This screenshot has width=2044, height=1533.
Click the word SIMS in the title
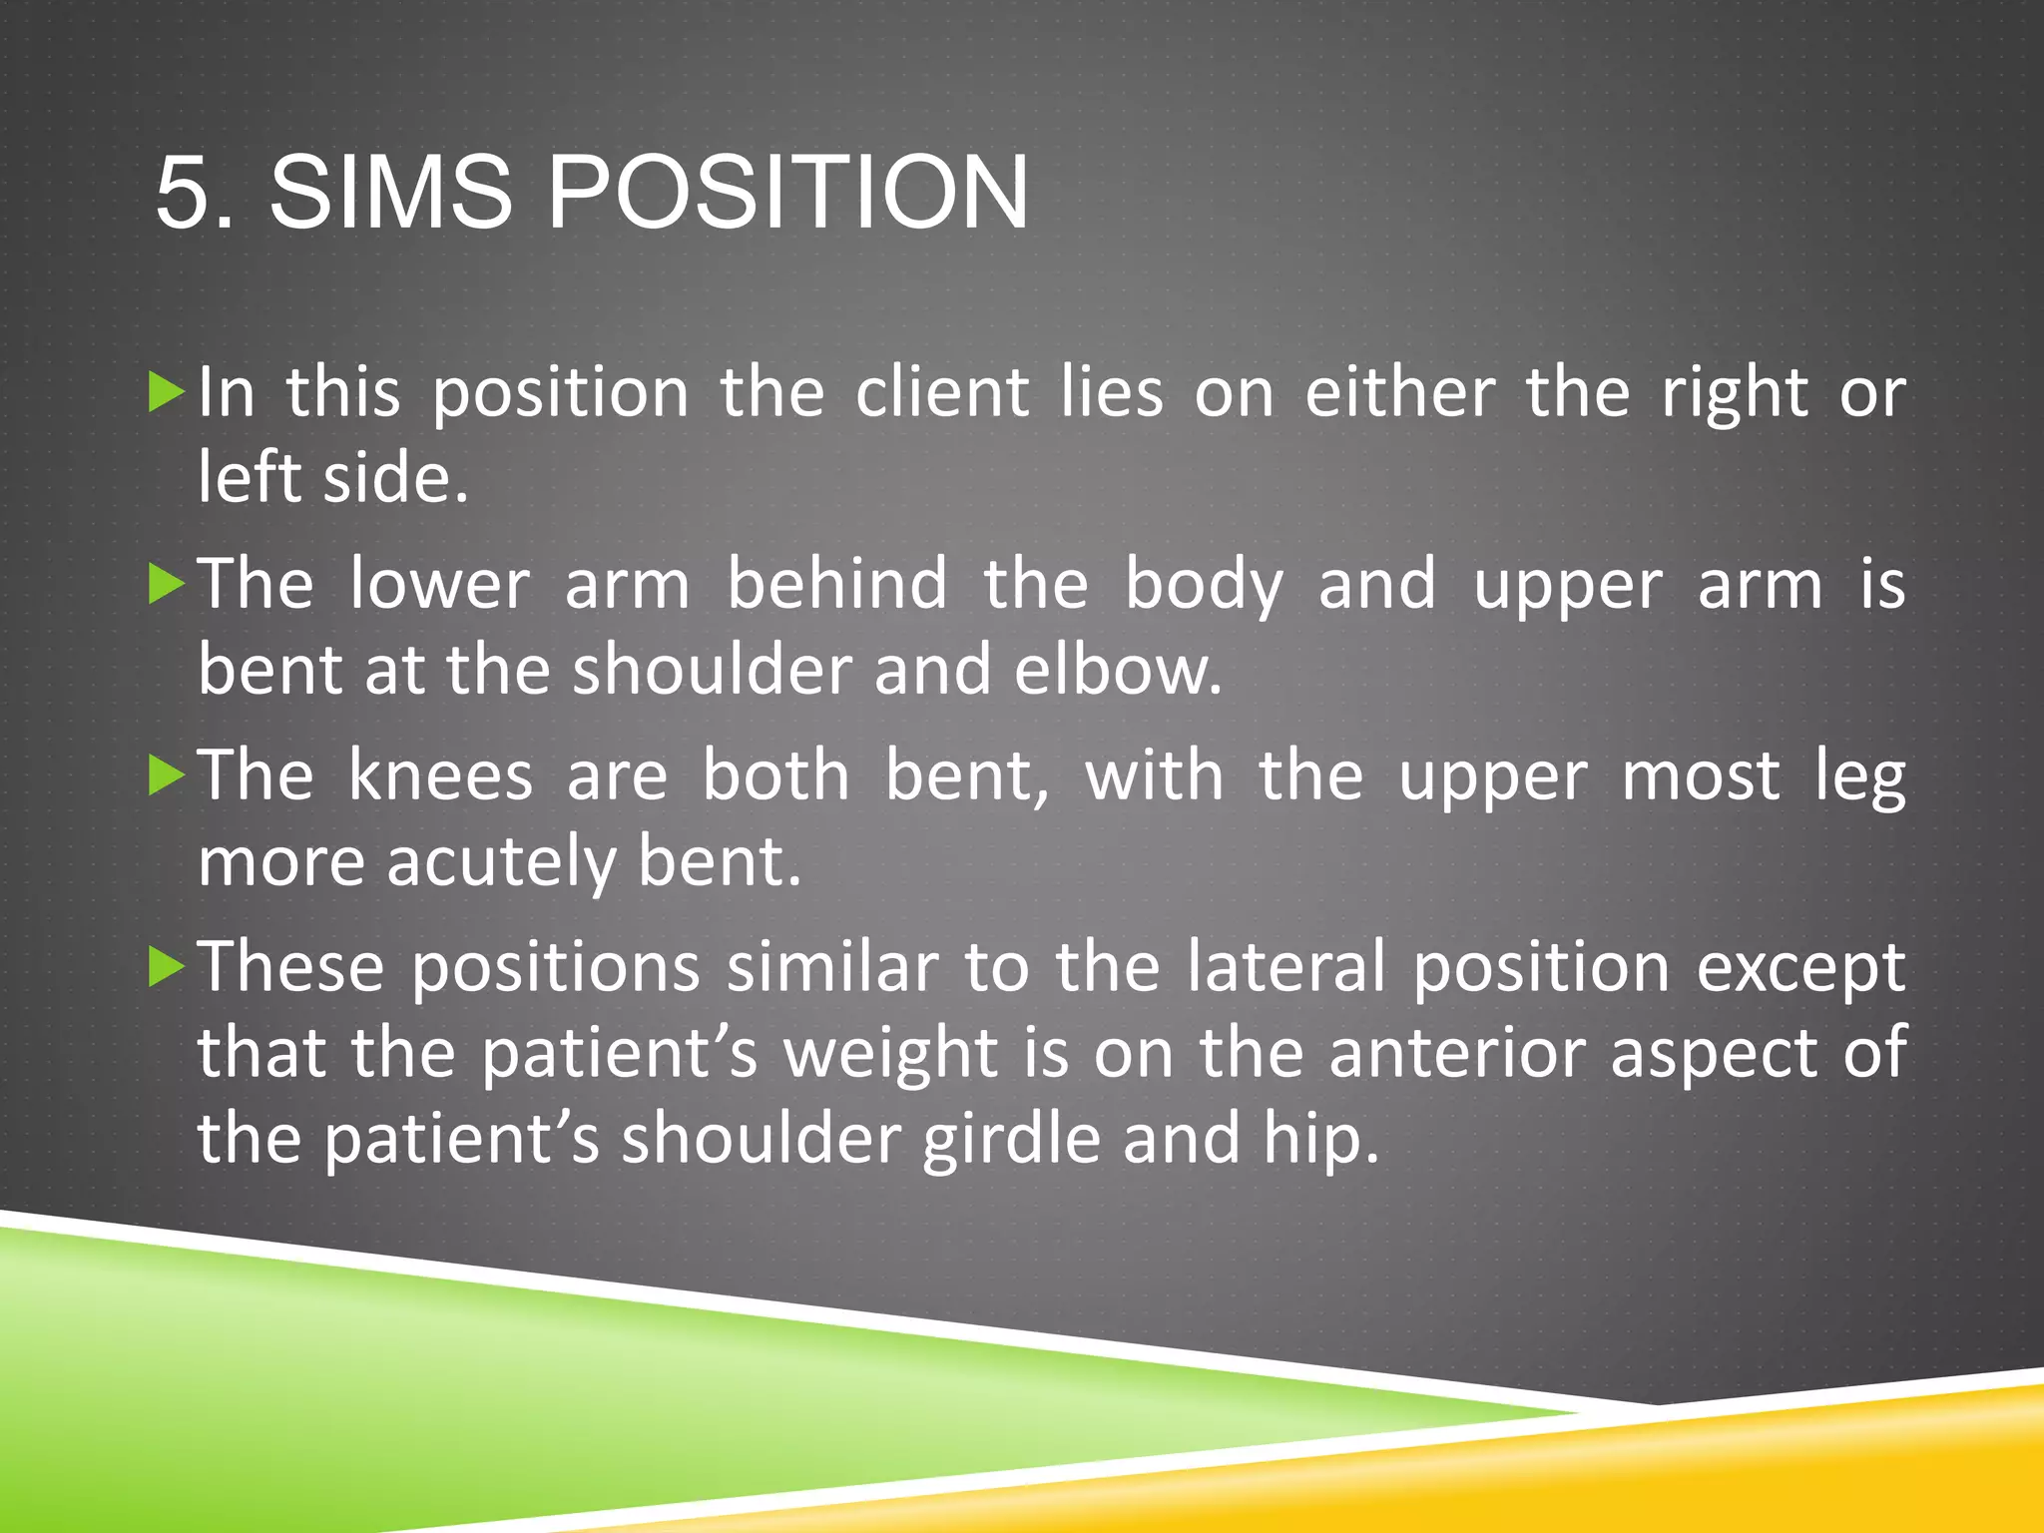pos(390,192)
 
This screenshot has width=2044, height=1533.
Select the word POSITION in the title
pos(787,192)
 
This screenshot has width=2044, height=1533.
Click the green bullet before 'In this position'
pos(167,392)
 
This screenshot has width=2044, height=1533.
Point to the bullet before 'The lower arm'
pos(167,584)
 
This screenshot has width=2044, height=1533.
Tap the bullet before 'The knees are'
pos(167,775)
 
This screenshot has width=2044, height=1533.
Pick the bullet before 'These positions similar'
pos(167,967)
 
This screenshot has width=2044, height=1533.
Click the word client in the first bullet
pos(942,392)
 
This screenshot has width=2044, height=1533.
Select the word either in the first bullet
pos(1400,392)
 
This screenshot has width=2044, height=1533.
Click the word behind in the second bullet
pos(836,584)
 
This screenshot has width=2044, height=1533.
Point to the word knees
pos(441,775)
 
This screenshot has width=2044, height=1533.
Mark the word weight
pos(890,1055)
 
